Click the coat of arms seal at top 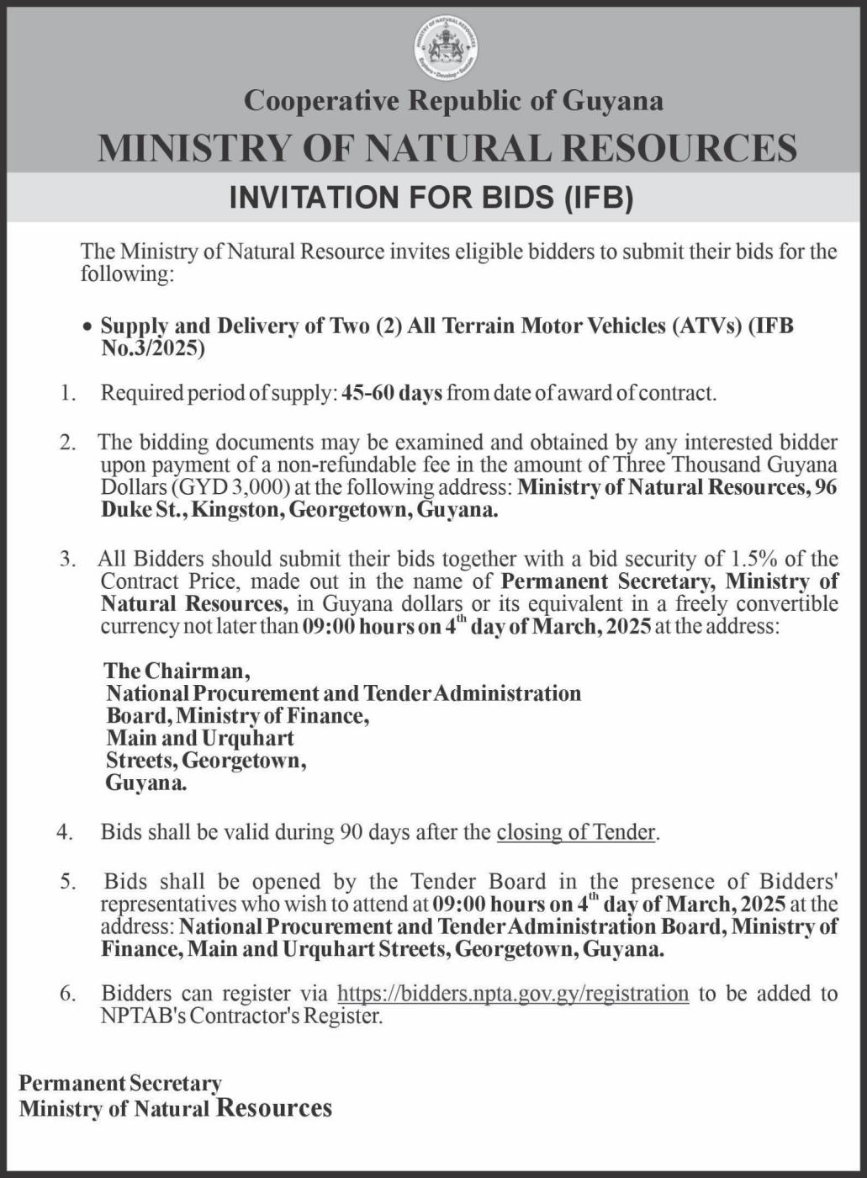point(446,48)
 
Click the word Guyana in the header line point(612,101)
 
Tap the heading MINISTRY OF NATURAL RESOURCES point(447,148)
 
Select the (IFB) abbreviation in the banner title point(596,197)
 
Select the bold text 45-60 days point(392,393)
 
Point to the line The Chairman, point(177,671)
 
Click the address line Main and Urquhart point(200,738)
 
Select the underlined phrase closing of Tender point(576,832)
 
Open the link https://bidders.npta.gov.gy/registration point(513,994)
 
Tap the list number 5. point(68,882)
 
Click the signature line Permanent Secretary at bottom point(120,1083)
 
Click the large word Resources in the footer point(274,1107)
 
